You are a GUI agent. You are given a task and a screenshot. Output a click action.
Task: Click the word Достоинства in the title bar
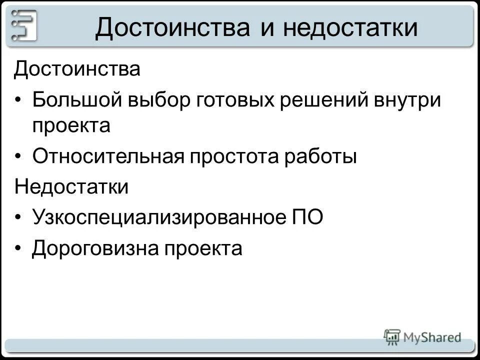point(172,27)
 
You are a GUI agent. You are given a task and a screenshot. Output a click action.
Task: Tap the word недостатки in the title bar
point(350,27)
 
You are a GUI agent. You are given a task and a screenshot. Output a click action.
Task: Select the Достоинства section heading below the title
point(77,69)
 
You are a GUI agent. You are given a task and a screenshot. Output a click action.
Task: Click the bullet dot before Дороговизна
point(18,248)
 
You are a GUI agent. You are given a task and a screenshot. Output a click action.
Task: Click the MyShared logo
point(422,337)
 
